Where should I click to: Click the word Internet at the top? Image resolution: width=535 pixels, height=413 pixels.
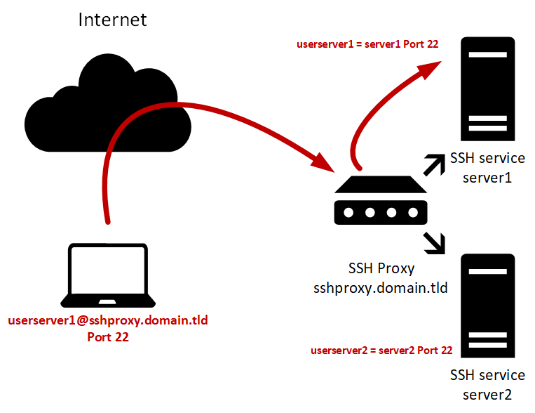(x=112, y=19)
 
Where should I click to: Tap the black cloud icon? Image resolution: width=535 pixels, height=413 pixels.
(x=105, y=98)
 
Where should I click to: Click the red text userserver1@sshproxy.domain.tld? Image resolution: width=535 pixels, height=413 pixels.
(x=108, y=321)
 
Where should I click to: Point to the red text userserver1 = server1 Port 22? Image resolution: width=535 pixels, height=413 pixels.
(x=368, y=44)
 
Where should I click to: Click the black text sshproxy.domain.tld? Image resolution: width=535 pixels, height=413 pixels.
(x=381, y=287)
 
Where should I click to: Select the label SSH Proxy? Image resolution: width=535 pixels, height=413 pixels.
(x=381, y=269)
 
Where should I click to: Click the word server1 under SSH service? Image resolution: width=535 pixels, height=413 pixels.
(x=487, y=178)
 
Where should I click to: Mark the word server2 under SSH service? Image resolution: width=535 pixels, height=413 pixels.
(x=487, y=395)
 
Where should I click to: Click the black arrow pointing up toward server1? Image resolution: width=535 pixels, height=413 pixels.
(x=434, y=164)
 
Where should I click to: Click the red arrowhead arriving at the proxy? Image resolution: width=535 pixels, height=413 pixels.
(x=323, y=163)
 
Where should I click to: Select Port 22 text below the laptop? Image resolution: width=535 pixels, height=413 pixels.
(x=108, y=337)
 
